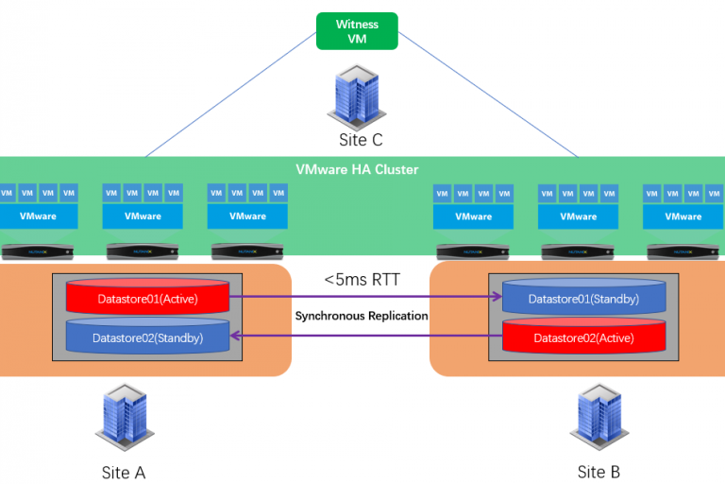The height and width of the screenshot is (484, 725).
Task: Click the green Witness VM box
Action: (x=357, y=30)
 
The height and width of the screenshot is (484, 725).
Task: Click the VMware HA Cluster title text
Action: (x=357, y=169)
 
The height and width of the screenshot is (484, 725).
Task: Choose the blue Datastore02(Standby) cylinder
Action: (x=147, y=336)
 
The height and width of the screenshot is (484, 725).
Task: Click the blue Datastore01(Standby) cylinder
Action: (x=582, y=298)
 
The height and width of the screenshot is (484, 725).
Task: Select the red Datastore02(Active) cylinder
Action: (x=582, y=336)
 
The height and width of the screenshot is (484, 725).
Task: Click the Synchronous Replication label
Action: (x=362, y=316)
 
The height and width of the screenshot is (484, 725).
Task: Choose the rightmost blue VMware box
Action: (x=683, y=216)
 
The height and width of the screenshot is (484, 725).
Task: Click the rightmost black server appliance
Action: (x=683, y=251)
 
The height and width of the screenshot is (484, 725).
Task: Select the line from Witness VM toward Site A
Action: (x=231, y=95)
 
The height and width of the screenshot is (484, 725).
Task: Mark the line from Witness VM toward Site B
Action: (x=486, y=95)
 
